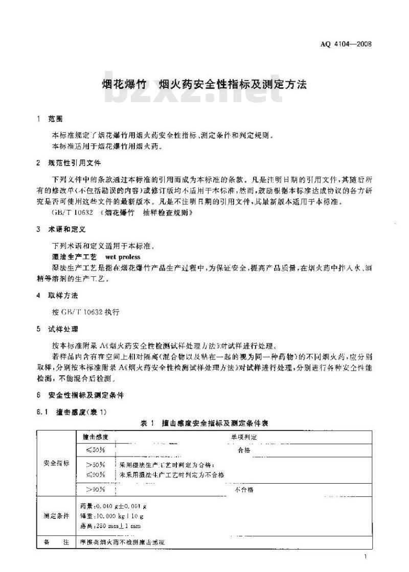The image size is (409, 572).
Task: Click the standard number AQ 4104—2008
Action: pyautogui.click(x=346, y=44)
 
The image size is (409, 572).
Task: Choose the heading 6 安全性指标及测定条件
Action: pyautogui.click(x=83, y=395)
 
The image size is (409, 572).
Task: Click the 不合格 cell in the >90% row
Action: pyautogui.click(x=243, y=489)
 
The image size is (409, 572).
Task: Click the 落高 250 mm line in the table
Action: pyautogui.click(x=110, y=526)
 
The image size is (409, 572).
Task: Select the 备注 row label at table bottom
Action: pyautogui.click(x=56, y=542)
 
